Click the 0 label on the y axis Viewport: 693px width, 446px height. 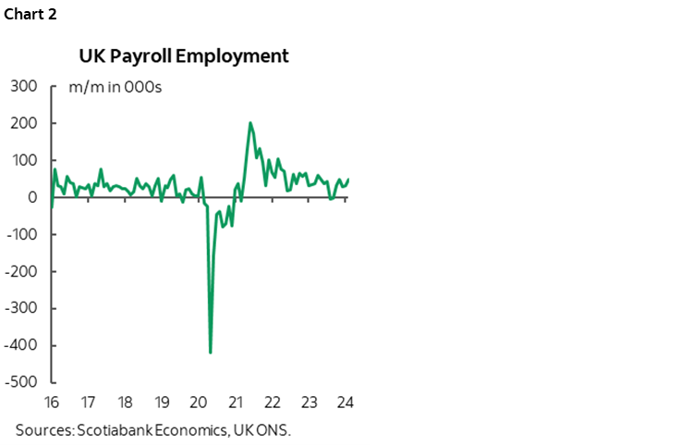pos(31,198)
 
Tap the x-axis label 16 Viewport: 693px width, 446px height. pos(52,403)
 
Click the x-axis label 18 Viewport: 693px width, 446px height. pos(125,403)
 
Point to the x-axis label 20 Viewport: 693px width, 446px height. pos(199,403)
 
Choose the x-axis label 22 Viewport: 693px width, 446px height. pos(273,403)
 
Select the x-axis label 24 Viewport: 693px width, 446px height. pos(346,403)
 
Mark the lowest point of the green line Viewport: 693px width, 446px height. pos(211,353)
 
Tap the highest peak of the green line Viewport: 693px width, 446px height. pos(250,123)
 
